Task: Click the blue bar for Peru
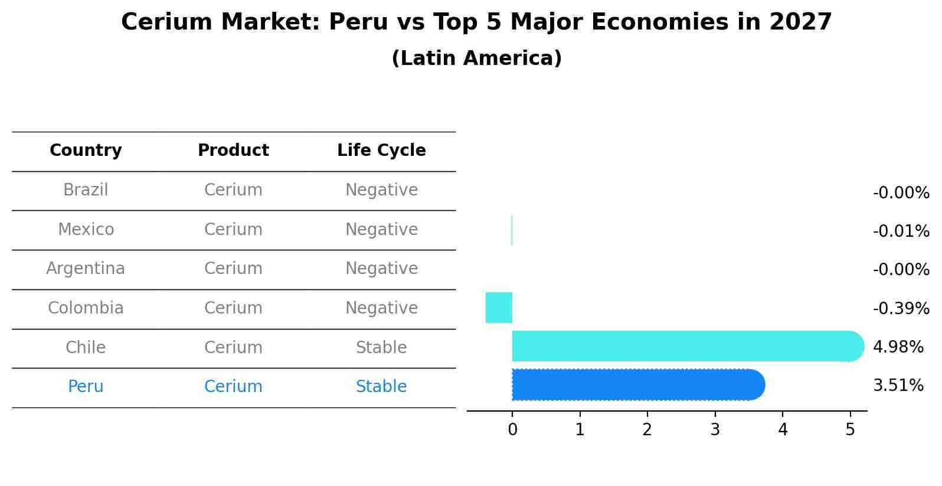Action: tap(637, 385)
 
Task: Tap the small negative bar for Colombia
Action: tap(499, 308)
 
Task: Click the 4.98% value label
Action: tap(898, 347)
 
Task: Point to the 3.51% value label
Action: tap(898, 386)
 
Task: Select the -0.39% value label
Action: tap(901, 308)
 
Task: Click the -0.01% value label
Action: tap(901, 231)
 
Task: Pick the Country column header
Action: tap(86, 151)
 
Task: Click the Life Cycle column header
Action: tap(381, 151)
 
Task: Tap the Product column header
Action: tap(233, 151)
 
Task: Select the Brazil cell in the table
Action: tap(86, 190)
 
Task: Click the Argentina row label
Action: tap(86, 269)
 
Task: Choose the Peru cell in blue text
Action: tap(86, 387)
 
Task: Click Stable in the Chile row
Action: tap(381, 348)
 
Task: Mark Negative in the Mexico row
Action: tap(381, 230)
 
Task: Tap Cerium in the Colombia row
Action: tap(233, 308)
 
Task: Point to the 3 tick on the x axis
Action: tap(715, 430)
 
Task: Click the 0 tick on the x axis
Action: tap(512, 430)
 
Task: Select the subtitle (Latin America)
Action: tap(476, 58)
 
